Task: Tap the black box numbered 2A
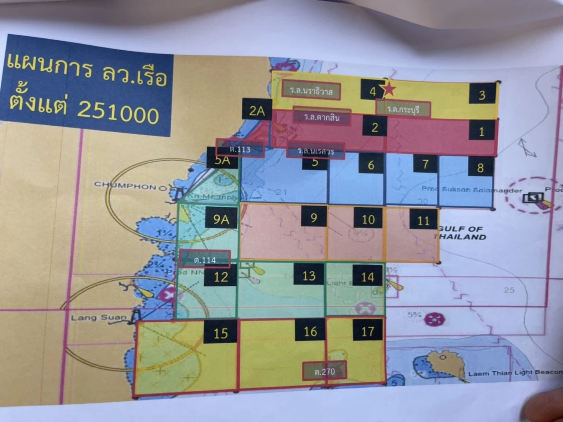coord(257,110)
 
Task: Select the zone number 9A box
coord(221,218)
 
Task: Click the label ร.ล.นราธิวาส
coord(311,90)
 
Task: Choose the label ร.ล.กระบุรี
coord(403,109)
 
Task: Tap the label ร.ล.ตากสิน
coord(322,117)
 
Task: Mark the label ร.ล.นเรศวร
coord(316,151)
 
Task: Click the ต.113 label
coord(240,149)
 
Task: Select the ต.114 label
coord(205,259)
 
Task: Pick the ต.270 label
coord(325,371)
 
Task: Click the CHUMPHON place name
coord(125,186)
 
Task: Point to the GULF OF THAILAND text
coord(460,233)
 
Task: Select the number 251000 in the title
coord(118,111)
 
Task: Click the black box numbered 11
coord(424,220)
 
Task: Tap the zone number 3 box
coord(482,95)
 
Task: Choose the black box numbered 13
coord(309,275)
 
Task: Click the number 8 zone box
coord(480,167)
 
